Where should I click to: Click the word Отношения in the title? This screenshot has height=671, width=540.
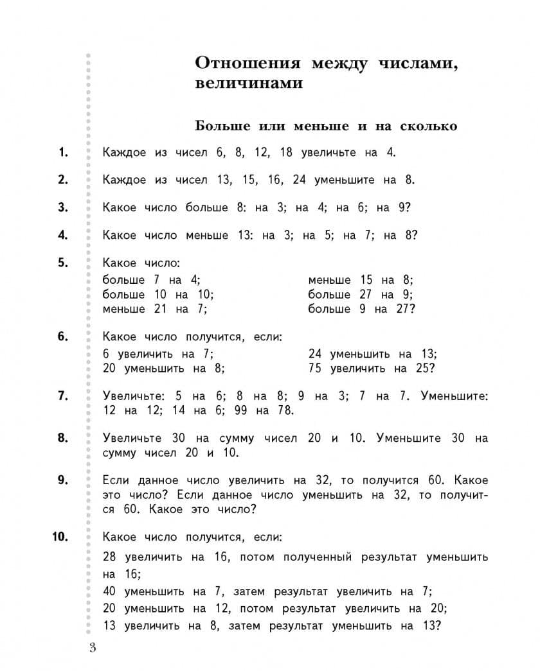(246, 64)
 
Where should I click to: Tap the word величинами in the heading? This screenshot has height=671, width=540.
(248, 84)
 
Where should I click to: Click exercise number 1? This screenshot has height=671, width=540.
(62, 152)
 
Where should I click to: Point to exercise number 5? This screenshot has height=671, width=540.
(62, 263)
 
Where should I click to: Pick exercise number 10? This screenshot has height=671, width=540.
(60, 537)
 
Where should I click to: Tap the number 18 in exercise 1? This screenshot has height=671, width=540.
(286, 152)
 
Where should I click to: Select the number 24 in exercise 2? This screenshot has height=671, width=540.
(299, 180)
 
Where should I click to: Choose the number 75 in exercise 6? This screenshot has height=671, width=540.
(315, 369)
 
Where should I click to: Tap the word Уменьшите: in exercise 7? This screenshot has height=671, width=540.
(455, 396)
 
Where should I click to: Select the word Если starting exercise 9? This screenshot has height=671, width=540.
(116, 481)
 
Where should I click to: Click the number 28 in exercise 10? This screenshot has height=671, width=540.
(109, 557)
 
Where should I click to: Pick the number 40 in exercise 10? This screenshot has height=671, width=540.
(109, 591)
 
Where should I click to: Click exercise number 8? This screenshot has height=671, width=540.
(62, 438)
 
